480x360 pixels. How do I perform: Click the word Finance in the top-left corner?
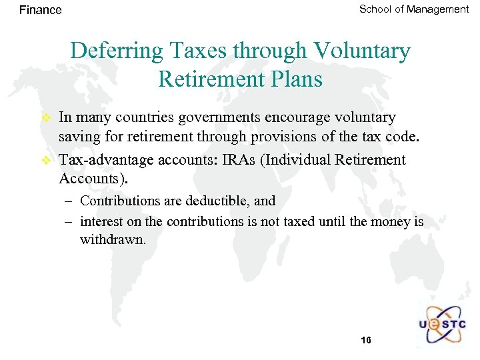(41, 10)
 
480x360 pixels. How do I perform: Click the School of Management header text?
(414, 9)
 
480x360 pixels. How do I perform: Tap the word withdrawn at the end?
(112, 239)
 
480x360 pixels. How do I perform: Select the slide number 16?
(365, 341)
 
